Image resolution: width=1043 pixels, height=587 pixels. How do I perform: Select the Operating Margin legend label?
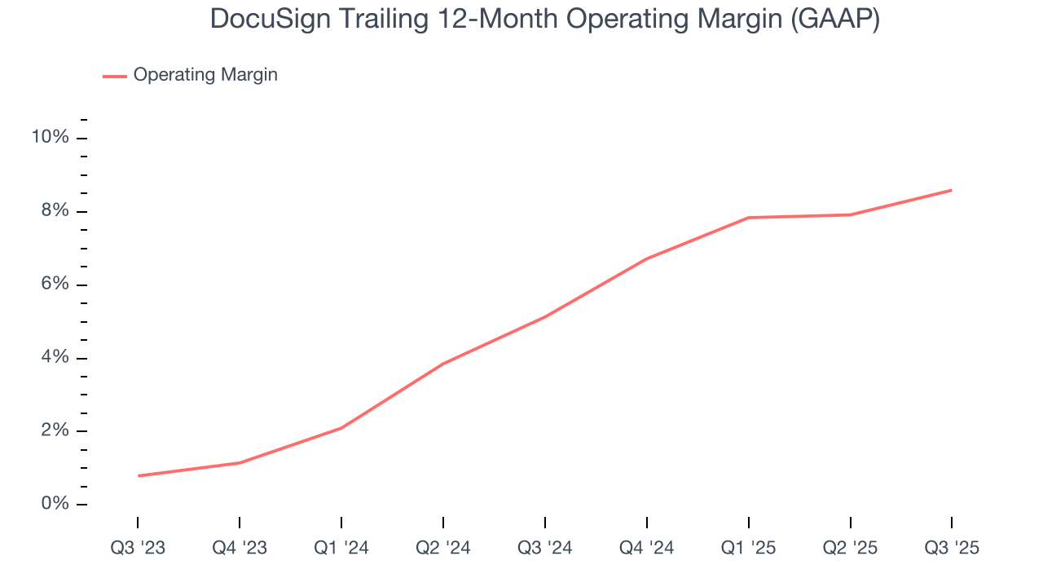[205, 75]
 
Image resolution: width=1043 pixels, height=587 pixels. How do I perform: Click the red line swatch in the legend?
[115, 76]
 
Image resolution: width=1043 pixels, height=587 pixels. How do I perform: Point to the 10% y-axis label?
[50, 137]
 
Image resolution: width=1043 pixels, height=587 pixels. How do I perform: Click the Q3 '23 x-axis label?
[138, 548]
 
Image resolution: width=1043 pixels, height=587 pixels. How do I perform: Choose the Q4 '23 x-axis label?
[240, 548]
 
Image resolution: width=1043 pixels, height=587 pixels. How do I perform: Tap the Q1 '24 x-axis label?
[341, 548]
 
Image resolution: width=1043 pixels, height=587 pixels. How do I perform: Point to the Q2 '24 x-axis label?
[443, 548]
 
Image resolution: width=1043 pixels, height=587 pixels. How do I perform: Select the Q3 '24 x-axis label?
[545, 548]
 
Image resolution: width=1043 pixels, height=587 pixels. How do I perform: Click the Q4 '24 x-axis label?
[647, 548]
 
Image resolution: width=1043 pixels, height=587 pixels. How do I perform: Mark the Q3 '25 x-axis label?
[952, 548]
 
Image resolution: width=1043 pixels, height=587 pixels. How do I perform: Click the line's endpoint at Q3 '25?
[952, 190]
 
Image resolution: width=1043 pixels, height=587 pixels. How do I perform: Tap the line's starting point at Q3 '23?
[138, 475]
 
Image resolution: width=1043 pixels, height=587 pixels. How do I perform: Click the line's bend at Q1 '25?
[748, 218]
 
